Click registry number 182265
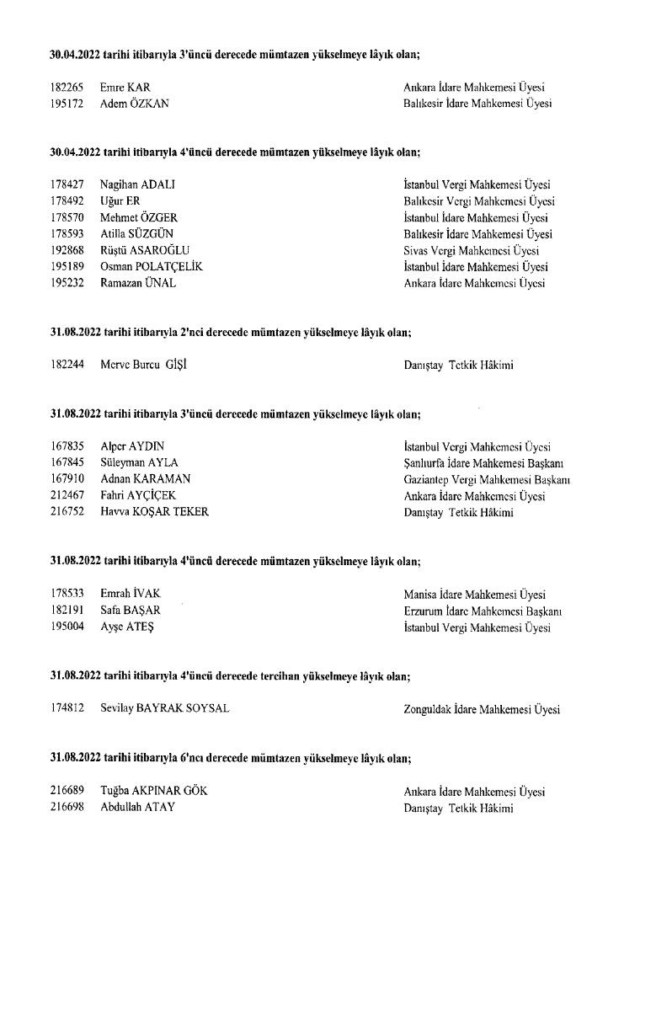click(x=67, y=88)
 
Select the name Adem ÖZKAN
click(x=135, y=104)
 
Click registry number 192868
click(x=67, y=250)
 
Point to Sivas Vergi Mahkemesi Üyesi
click(x=472, y=250)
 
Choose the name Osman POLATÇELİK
click(x=152, y=267)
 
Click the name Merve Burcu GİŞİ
click(x=141, y=366)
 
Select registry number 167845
click(x=67, y=462)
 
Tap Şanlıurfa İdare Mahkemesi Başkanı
click(x=483, y=462)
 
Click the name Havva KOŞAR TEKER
click(x=154, y=512)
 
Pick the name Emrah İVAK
click(x=130, y=595)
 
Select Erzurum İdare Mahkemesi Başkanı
click(x=483, y=611)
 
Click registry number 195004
click(x=67, y=627)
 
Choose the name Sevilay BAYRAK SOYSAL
click(x=165, y=709)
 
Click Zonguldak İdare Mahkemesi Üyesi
click(x=482, y=709)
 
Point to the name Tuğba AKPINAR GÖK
click(x=153, y=792)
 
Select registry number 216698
click(x=67, y=808)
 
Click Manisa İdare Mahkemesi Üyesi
click(x=475, y=595)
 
